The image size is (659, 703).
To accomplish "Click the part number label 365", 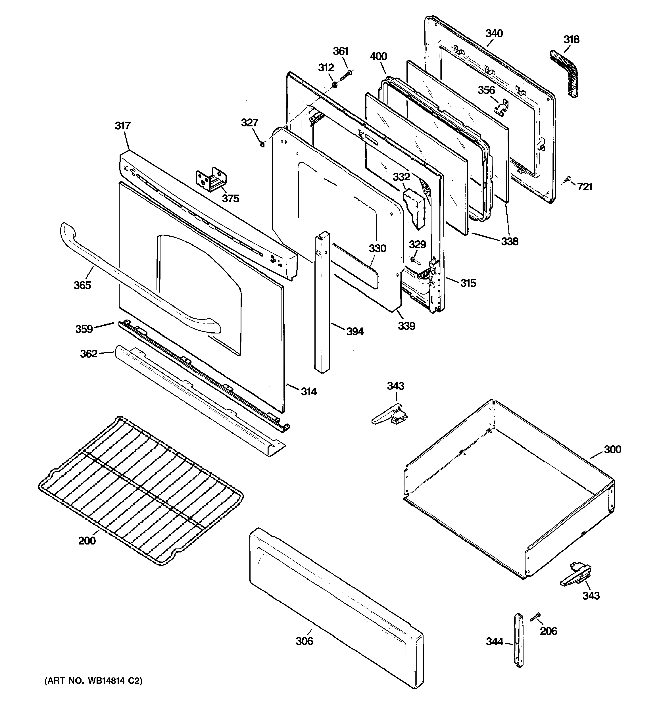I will click(82, 285).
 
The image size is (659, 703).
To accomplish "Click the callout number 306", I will click(304, 641).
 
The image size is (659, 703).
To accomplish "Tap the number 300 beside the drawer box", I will click(612, 449).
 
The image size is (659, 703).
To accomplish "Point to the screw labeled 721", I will click(568, 179).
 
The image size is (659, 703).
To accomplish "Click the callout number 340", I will click(494, 34).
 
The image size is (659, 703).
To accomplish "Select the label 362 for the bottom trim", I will click(88, 354).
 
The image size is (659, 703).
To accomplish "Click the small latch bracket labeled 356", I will click(502, 107).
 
